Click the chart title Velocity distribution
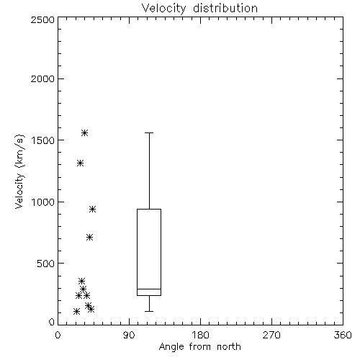199,9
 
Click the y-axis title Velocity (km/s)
19,171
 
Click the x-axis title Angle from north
199,347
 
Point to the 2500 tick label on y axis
42,19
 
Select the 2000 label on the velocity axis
42,78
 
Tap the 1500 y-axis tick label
43,140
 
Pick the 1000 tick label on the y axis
43,202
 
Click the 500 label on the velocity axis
46,264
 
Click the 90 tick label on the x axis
129,335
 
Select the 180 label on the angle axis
200,335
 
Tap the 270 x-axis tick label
271,335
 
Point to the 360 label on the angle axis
343,335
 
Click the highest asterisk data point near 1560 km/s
84,132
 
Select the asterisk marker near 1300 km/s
80,163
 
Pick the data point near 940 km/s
92,210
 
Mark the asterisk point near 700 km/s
89,238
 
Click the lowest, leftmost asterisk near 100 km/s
76,312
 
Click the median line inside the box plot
149,289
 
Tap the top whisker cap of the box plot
149,132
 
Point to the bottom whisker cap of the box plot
149,311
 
